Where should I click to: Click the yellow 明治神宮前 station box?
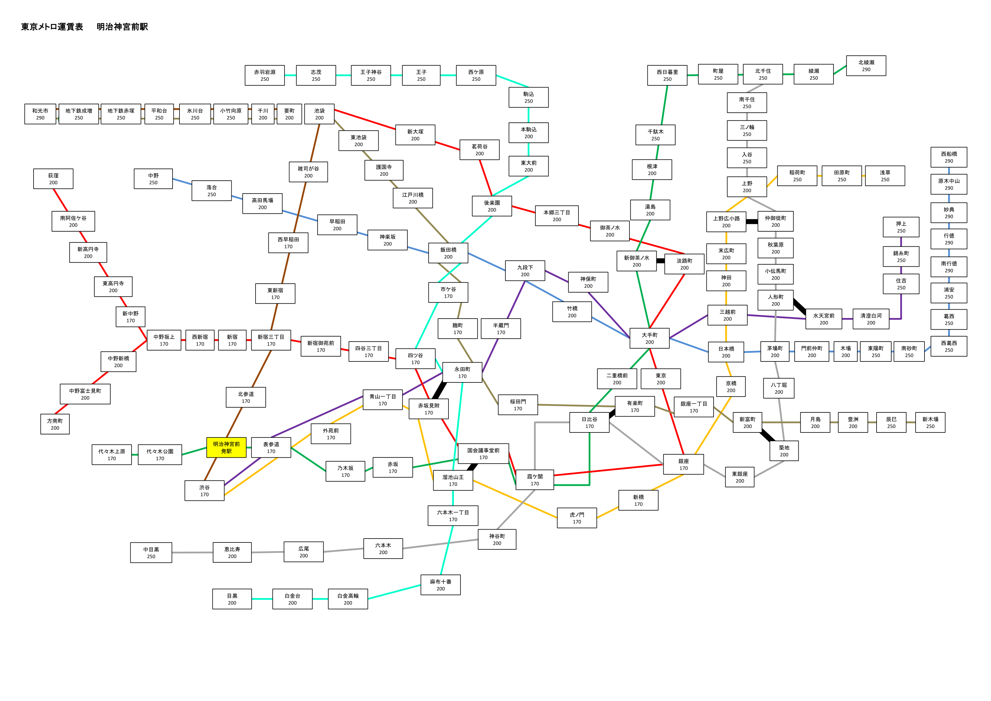(x=226, y=447)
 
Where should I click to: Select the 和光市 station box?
(x=40, y=114)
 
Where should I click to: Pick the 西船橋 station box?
(x=949, y=157)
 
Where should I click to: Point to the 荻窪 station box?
(x=53, y=179)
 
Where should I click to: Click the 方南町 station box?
(x=55, y=424)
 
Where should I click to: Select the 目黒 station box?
(x=232, y=599)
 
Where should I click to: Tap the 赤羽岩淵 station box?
(x=265, y=76)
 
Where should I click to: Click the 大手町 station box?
(x=649, y=338)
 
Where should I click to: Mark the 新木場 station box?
(x=930, y=422)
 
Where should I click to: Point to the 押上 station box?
(x=901, y=227)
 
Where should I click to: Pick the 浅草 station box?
(x=885, y=176)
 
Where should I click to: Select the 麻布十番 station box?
(x=441, y=585)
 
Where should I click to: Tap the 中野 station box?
(x=153, y=179)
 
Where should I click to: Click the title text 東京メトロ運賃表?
(x=52, y=27)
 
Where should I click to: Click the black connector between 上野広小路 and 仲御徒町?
(x=752, y=221)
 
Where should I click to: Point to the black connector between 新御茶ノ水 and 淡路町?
(x=660, y=261)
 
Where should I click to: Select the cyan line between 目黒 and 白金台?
(x=262, y=599)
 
